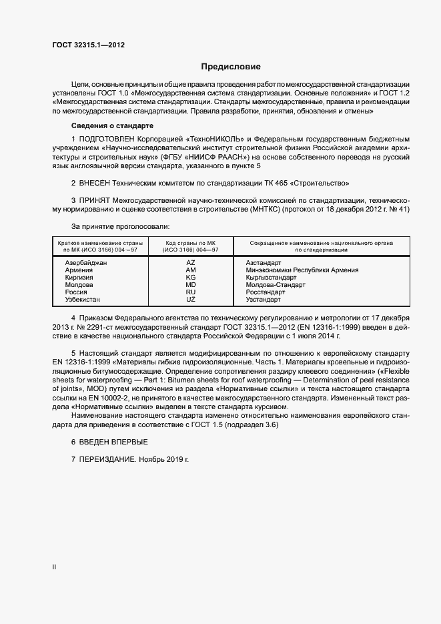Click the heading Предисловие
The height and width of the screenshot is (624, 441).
[231, 67]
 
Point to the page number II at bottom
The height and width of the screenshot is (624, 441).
[54, 567]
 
